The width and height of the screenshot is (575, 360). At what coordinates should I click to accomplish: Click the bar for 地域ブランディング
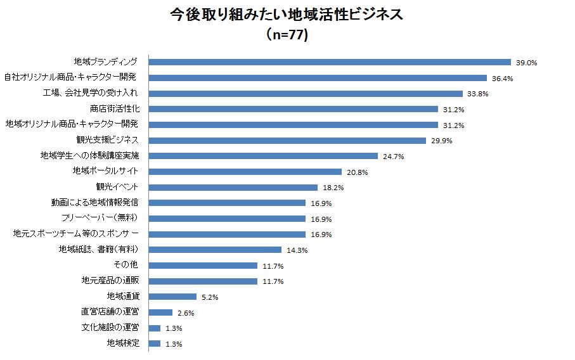(x=330, y=62)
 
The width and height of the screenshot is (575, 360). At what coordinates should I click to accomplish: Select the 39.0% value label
(x=526, y=63)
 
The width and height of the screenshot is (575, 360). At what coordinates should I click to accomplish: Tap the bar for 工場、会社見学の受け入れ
(x=306, y=93)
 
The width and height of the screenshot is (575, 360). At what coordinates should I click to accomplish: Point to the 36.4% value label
(x=502, y=79)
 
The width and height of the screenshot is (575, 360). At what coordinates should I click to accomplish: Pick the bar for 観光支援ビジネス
(x=287, y=140)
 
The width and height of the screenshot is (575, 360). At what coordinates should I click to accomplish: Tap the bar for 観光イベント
(x=233, y=187)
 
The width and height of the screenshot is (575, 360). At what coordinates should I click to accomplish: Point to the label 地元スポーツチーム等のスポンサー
(x=75, y=234)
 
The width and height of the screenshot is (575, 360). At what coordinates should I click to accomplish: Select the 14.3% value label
(x=297, y=250)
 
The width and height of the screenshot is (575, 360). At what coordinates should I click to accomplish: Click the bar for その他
(x=203, y=266)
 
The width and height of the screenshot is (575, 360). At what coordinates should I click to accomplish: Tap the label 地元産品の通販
(x=110, y=281)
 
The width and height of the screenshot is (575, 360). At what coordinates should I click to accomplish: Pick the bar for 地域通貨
(x=172, y=297)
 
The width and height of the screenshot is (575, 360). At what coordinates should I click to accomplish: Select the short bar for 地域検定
(x=154, y=344)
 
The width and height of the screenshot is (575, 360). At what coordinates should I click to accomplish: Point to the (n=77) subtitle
(x=287, y=35)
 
